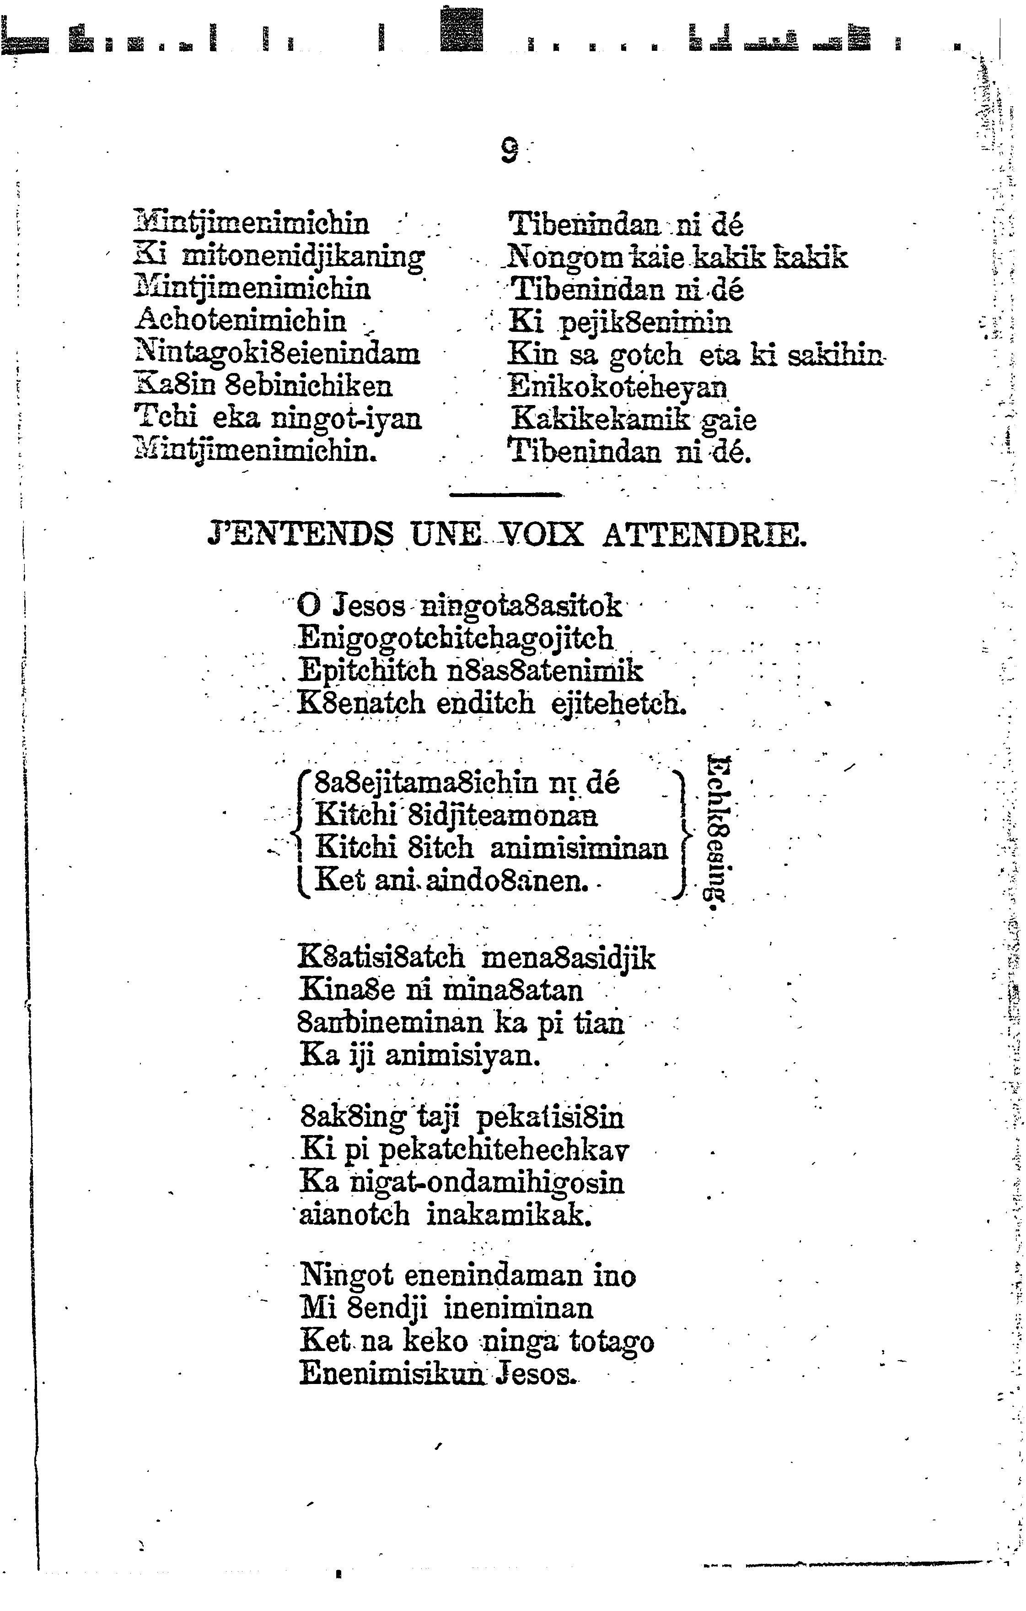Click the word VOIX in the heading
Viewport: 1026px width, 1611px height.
(543, 536)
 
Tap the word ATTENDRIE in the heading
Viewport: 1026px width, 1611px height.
(704, 536)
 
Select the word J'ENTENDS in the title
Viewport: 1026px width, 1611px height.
(301, 536)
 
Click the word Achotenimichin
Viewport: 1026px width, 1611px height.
(241, 320)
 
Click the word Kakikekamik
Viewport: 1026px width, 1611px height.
(601, 420)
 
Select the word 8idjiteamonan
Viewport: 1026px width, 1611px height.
(502, 815)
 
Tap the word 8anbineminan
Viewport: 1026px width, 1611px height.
(390, 1023)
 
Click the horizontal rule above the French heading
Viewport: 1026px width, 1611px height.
(505, 495)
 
